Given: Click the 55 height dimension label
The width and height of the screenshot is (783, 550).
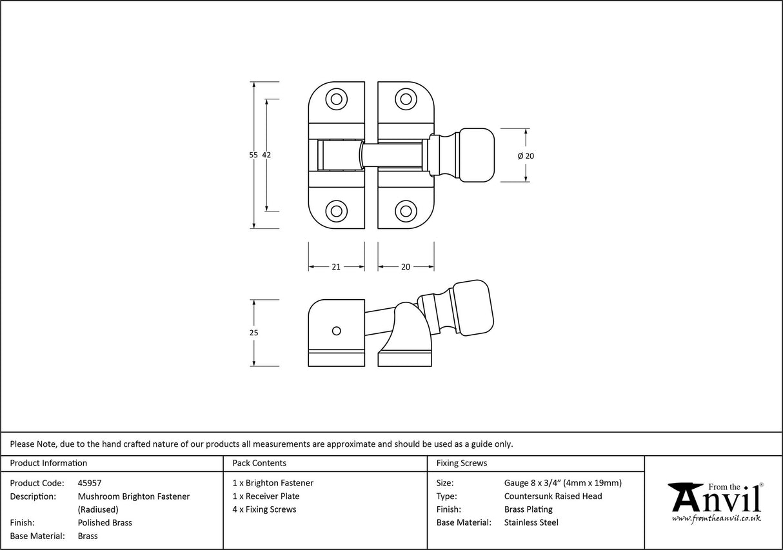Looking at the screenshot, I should tap(253, 155).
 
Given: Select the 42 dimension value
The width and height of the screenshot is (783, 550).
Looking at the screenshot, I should tap(266, 155).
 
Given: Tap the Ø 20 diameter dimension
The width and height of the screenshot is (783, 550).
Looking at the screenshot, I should tap(526, 156).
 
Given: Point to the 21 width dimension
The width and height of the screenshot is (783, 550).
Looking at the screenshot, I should tap(336, 267).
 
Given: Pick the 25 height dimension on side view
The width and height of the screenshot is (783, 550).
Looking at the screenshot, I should tap(253, 333).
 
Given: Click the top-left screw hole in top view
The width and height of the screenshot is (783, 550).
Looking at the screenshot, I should tap(335, 99).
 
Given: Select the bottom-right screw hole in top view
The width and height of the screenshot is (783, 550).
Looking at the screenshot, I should tap(405, 211).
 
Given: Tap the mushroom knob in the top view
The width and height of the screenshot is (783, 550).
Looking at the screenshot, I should tap(476, 155).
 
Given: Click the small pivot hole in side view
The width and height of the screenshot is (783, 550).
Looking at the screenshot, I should tap(335, 331).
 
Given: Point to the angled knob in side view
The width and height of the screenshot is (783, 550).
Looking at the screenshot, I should tap(473, 308).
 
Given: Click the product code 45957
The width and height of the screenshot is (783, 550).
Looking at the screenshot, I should tap(90, 483).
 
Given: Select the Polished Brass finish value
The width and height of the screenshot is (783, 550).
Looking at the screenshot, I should tap(104, 523).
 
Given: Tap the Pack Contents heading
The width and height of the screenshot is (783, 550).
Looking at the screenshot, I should tap(259, 463).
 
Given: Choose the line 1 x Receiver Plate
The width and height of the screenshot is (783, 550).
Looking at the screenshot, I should tap(266, 496).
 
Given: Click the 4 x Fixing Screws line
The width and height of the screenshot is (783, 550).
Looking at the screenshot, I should tap(264, 509).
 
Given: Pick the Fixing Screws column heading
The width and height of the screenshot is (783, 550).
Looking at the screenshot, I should tap(462, 463).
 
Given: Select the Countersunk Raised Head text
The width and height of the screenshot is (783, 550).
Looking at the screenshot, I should tap(553, 496).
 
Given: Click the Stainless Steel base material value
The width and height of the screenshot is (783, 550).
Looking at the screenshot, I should tap(531, 523).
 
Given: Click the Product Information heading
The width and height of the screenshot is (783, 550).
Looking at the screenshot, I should tap(48, 463).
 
